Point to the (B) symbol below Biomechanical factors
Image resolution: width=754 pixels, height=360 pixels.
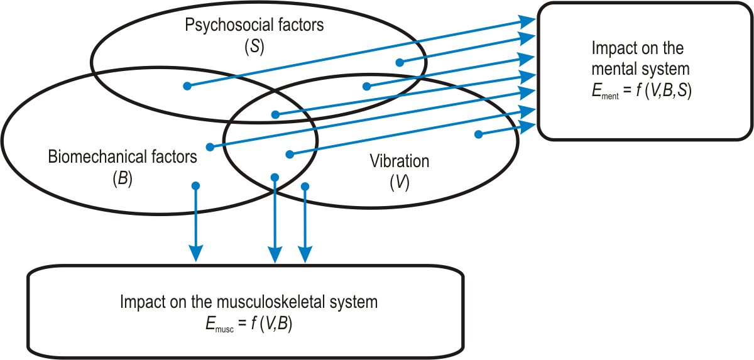[122, 178]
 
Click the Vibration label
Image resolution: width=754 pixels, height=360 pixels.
[399, 161]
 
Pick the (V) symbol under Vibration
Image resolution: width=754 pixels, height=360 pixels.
[399, 183]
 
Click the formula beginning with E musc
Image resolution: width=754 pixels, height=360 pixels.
[245, 324]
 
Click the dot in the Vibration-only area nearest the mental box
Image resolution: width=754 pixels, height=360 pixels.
[478, 134]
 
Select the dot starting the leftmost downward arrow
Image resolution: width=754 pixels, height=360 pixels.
[195, 186]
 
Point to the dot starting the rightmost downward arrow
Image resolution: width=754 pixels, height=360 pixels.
[305, 186]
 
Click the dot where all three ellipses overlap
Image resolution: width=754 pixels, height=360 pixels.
[275, 114]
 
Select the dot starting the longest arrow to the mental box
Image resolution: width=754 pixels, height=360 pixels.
[187, 86]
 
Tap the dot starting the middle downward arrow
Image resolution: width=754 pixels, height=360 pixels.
[275, 178]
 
